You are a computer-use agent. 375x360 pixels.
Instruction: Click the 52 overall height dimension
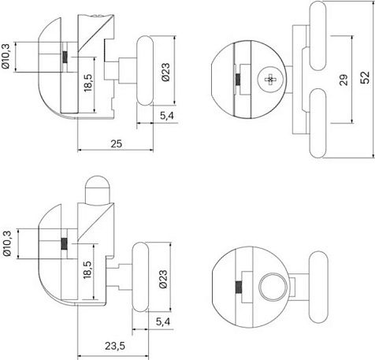point(365,78)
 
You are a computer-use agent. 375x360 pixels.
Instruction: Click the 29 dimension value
point(343,80)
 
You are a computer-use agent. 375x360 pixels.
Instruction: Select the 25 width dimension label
point(116,144)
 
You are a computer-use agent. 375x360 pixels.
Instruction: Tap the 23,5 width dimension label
point(115,346)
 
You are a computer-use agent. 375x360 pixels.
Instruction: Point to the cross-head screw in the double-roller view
point(270,80)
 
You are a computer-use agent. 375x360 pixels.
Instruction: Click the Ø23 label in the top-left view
point(166,72)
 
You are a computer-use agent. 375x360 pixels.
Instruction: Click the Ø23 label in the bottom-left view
point(163,279)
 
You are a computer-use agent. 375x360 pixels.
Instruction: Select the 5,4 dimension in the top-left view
point(167,116)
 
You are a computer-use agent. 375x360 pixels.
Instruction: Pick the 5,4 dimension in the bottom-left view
point(163,321)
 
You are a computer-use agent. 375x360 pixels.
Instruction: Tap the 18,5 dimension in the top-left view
point(88,83)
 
